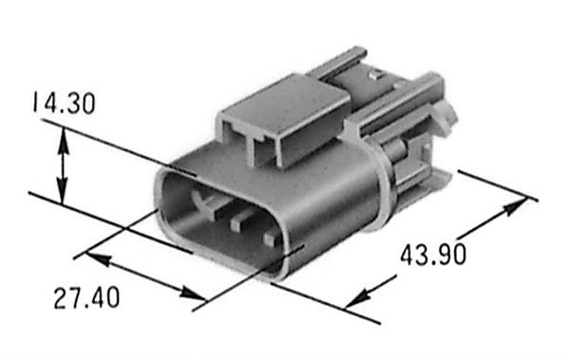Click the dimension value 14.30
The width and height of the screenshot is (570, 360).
click(64, 104)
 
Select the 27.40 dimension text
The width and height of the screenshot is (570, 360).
click(86, 298)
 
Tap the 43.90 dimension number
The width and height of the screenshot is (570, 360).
click(433, 255)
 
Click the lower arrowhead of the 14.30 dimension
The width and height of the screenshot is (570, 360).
click(63, 192)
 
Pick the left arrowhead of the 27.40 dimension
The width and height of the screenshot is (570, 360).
click(97, 258)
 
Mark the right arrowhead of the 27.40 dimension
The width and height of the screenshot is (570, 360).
click(194, 294)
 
